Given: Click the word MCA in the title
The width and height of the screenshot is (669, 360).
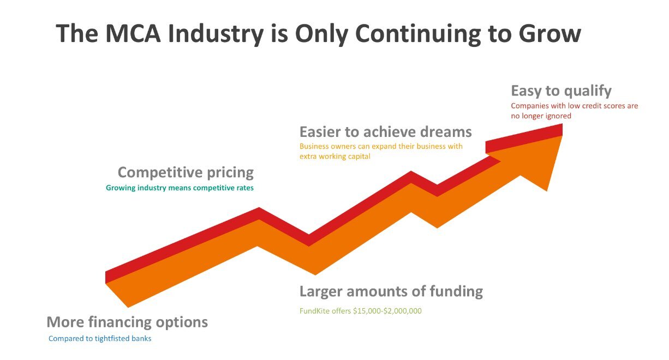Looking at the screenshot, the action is [133, 33].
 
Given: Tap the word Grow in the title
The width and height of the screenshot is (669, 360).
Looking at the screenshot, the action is [550, 33].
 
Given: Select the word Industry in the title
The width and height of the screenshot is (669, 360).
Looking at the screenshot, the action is [216, 34].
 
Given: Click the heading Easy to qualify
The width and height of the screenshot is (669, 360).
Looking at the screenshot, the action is [561, 91].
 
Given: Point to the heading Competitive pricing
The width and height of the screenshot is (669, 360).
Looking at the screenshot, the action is [186, 172].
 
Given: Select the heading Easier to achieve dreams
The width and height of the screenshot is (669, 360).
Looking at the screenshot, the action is [386, 131].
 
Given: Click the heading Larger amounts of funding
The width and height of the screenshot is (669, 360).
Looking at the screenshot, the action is [391, 291].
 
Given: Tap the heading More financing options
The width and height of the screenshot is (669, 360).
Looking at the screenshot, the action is [127, 322].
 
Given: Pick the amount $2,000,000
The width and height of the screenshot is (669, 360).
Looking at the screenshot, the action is [403, 311].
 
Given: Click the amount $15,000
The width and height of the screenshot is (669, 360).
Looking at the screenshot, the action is [367, 311].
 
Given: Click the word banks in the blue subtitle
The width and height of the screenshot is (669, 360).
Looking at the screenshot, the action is [142, 339].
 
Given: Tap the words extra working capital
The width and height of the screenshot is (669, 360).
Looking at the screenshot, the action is [335, 157].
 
